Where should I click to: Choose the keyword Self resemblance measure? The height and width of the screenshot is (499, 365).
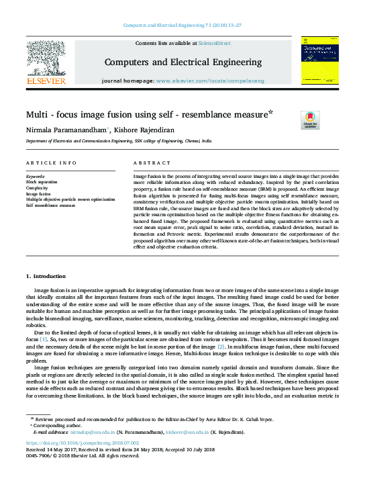tap(51, 206)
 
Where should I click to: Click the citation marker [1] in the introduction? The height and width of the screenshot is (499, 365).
tap(43, 339)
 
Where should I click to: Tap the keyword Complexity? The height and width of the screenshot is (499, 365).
tap(38, 187)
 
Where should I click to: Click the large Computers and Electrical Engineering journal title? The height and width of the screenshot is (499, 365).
tap(182, 62)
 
